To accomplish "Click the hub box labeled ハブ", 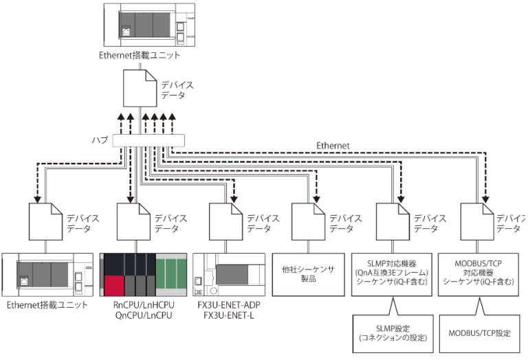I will (x=148, y=141).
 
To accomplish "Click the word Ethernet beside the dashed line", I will (x=333, y=146).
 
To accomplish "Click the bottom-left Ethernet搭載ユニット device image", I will (x=47, y=275).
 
